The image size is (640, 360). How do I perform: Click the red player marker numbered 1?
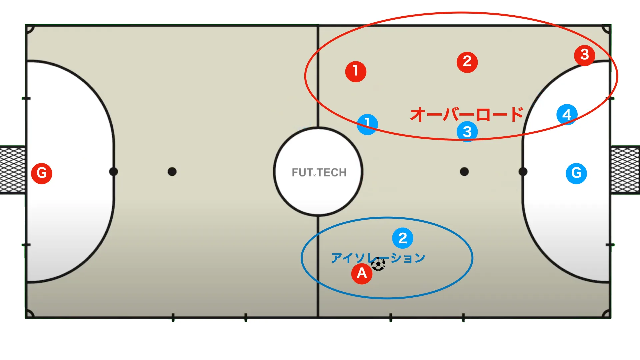click(356, 71)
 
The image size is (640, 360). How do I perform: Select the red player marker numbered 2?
click(467, 62)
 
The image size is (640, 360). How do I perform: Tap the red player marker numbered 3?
click(585, 55)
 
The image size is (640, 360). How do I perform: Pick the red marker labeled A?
click(362, 274)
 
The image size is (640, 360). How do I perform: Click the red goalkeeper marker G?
click(42, 173)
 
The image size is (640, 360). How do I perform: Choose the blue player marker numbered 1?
click(367, 124)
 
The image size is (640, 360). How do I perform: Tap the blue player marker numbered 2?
click(403, 238)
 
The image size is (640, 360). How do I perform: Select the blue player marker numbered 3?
click(467, 132)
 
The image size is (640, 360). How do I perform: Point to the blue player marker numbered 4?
click(567, 114)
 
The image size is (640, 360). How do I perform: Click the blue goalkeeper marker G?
click(576, 173)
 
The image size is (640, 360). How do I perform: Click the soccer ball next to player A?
click(378, 264)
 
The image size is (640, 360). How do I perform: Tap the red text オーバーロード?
click(467, 115)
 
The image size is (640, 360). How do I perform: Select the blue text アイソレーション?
click(378, 258)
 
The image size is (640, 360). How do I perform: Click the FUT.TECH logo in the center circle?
click(319, 172)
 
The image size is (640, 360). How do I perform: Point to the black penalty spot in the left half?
click(172, 172)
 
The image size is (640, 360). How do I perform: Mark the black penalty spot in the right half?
click(464, 172)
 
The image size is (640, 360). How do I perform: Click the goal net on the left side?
click(13, 170)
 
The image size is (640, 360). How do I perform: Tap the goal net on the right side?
click(625, 170)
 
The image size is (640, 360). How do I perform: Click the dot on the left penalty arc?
click(113, 172)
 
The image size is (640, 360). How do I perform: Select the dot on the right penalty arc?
click(523, 172)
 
